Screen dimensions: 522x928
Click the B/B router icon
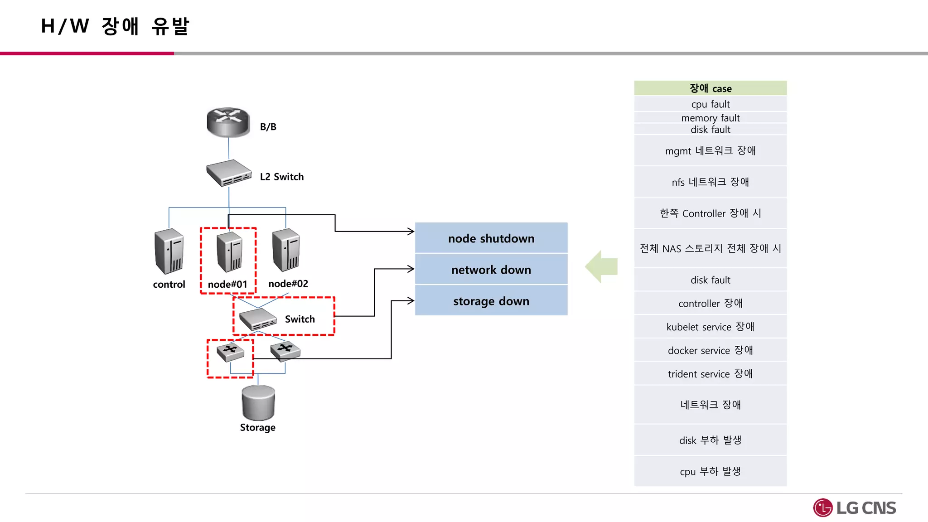[228, 122]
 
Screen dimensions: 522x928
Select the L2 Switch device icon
[229, 173]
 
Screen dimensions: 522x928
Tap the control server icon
[169, 251]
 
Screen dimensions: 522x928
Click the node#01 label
[227, 284]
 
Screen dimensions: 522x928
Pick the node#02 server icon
[286, 250]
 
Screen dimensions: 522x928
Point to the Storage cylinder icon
[258, 403]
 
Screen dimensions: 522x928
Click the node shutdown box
[491, 238]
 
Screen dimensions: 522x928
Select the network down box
[491, 270]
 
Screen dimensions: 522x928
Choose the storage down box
[491, 301]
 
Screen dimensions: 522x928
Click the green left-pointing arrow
[602, 266]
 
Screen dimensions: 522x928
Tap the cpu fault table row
[710, 104]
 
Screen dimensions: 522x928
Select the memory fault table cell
[710, 118]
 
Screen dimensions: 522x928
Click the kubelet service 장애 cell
[710, 327]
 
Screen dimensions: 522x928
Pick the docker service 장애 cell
[710, 350]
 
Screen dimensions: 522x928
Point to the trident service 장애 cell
[710, 374]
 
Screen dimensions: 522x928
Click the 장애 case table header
[710, 88]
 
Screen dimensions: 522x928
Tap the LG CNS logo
[855, 508]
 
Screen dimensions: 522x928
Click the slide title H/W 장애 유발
[115, 26]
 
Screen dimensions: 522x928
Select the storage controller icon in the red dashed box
[230, 352]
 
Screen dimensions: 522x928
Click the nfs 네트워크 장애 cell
[710, 182]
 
